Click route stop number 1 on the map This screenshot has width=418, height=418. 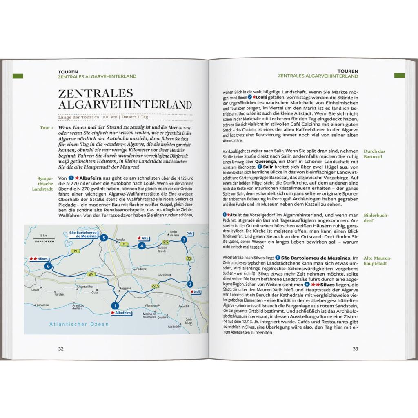pos(115,305)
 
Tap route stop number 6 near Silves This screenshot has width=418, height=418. pos(49,266)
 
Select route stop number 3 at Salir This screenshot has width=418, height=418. pos(184,240)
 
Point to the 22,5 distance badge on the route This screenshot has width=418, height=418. pos(155,286)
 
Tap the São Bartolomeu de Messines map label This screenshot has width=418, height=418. pos(82,234)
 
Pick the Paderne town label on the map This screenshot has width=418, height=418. pos(142,269)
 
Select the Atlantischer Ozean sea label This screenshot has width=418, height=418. pos(79,324)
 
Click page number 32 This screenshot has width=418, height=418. pos(61,349)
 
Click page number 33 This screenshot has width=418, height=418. pos(355,349)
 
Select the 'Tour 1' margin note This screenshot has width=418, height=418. pos(46,128)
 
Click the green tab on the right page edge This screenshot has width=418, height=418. pos(399,76)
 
